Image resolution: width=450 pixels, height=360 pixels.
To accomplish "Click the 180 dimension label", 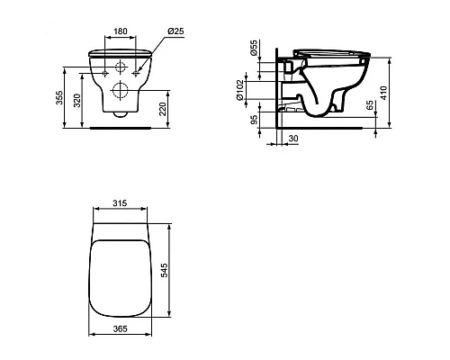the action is pyautogui.click(x=121, y=31).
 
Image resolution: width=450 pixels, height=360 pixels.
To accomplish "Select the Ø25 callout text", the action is pyautogui.click(x=175, y=31).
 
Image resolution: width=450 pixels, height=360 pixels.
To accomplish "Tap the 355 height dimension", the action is pyautogui.click(x=60, y=97).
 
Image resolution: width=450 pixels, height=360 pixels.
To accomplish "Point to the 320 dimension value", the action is pyautogui.click(x=77, y=101).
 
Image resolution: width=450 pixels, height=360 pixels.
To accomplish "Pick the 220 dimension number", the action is pyautogui.click(x=162, y=109).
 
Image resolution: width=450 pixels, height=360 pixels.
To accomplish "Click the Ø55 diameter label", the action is pyautogui.click(x=254, y=48).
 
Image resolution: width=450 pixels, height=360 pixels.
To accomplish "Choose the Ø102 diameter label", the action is pyautogui.click(x=239, y=90).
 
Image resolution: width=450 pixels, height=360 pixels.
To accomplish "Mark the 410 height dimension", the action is pyautogui.click(x=384, y=93).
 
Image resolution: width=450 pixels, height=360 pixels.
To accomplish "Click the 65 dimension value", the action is pyautogui.click(x=370, y=105).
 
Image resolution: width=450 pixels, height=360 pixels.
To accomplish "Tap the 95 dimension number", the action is pyautogui.click(x=254, y=120).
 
